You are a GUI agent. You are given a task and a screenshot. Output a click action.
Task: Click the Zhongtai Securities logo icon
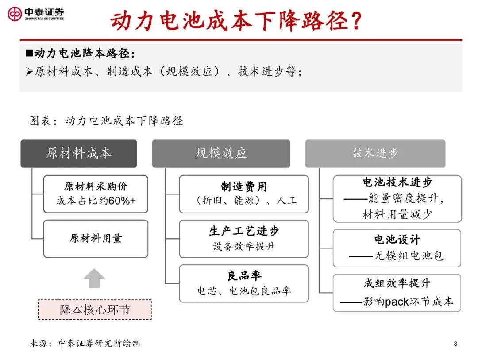coord(15,14)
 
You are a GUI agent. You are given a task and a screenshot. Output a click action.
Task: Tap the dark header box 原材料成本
coord(79,154)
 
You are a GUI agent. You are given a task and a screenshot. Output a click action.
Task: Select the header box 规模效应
coord(221,154)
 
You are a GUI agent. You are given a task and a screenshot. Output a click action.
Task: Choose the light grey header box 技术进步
coord(375,154)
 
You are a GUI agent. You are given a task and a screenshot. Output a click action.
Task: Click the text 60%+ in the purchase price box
coord(122,201)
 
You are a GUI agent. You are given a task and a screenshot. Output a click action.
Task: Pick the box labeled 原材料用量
coord(96,239)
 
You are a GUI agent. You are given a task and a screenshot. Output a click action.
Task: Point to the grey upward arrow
coord(94,278)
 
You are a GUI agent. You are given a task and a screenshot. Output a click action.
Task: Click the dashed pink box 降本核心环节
coord(95,310)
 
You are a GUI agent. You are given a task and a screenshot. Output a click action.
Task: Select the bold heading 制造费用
coord(244,186)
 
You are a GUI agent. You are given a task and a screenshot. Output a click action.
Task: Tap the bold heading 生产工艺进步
coord(244,231)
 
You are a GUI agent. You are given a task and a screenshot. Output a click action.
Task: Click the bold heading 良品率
coord(244,276)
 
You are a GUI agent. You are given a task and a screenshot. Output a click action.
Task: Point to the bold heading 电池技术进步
coord(397,182)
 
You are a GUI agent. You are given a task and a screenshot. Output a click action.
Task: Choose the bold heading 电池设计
coord(397,240)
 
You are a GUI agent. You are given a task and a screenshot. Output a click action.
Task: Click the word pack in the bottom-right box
coord(397,302)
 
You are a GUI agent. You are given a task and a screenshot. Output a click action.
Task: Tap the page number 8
coord(455,344)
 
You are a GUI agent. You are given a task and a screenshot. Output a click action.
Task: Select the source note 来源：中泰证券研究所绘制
coord(85,344)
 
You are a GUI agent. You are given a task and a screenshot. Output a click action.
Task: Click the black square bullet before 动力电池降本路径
coord(29,54)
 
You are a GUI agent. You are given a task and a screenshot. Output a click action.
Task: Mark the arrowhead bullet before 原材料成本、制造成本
coord(29,72)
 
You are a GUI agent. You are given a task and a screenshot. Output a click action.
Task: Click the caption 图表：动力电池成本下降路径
coord(106,121)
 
